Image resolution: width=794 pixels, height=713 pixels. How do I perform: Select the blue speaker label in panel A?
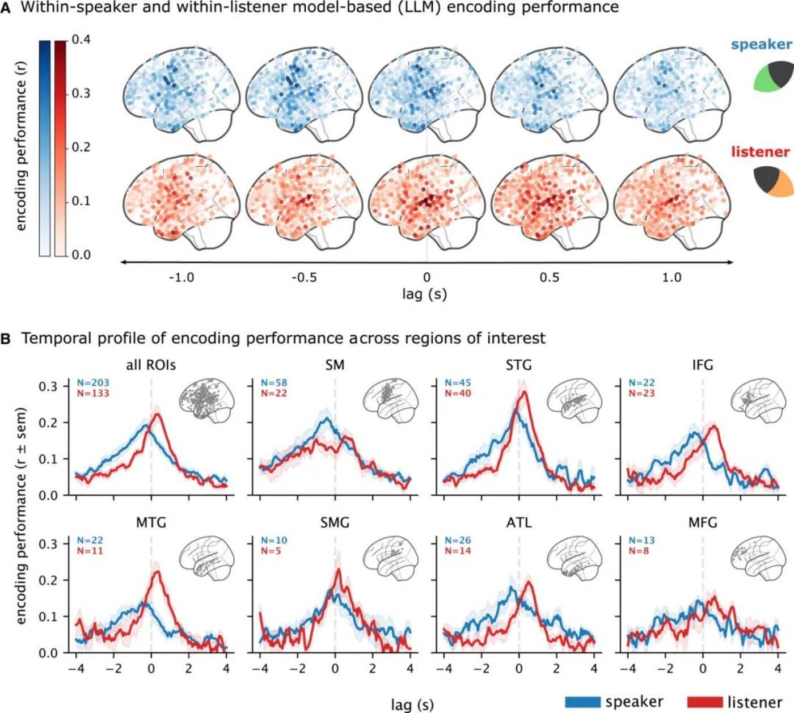click(x=761, y=45)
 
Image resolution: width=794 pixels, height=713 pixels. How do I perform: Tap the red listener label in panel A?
click(x=760, y=152)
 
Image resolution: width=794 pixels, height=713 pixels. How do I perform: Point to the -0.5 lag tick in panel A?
click(x=304, y=277)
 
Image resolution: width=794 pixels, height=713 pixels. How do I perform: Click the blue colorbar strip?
click(x=45, y=147)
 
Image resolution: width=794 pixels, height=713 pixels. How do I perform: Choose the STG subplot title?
click(x=518, y=365)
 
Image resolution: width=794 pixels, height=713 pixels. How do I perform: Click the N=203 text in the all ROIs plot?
click(x=93, y=383)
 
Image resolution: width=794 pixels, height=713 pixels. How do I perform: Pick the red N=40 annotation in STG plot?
click(x=458, y=393)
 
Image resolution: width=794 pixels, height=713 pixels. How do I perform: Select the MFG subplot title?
click(x=702, y=522)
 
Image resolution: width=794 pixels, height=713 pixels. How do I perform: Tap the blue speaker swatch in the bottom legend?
click(x=582, y=702)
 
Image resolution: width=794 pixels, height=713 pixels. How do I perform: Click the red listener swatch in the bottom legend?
click(x=705, y=702)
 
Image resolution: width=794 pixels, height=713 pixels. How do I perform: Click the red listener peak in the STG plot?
click(x=525, y=391)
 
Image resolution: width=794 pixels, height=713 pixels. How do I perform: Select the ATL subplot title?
click(x=518, y=522)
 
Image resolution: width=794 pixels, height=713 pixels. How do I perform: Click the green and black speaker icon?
click(x=772, y=77)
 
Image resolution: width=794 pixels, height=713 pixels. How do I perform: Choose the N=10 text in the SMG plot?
click(x=274, y=541)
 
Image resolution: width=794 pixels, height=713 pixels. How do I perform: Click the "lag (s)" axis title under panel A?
click(x=424, y=294)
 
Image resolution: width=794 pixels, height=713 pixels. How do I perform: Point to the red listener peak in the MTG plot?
click(x=157, y=572)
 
